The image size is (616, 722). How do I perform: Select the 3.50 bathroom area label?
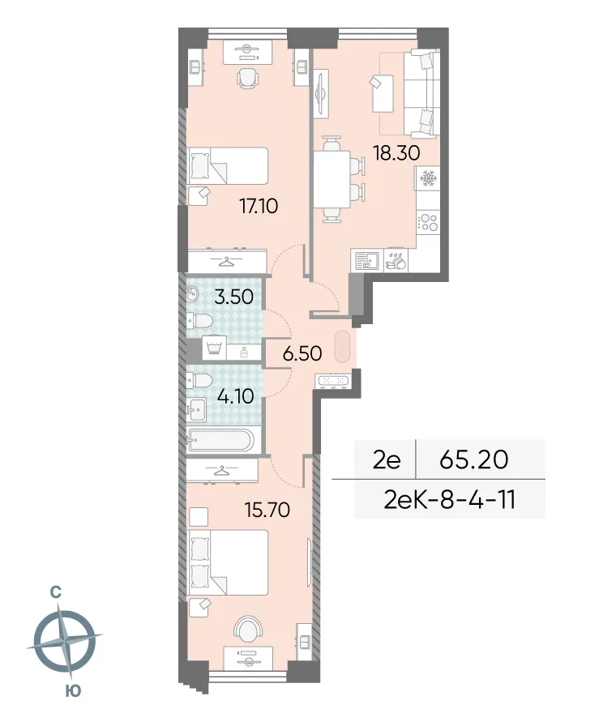232,297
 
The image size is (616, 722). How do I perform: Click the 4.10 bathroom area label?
235,398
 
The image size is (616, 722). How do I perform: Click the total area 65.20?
473,459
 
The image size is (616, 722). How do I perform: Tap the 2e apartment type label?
387,459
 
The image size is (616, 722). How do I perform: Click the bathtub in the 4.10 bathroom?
220,442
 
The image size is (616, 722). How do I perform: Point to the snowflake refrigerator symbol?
427,178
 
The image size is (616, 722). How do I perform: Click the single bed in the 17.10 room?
228,168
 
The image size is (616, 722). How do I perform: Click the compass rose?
64,643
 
